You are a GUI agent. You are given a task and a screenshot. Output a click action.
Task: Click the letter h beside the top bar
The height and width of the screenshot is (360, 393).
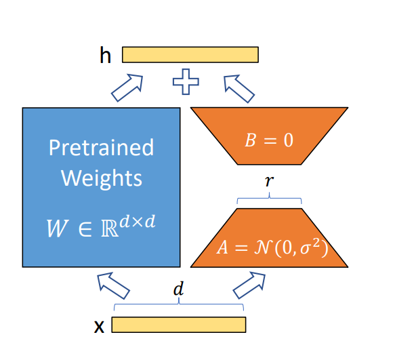pos(105,55)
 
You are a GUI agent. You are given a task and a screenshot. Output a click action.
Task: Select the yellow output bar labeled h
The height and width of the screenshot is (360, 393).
pos(190,54)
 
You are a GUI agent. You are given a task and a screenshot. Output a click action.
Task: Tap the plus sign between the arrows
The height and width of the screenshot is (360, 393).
pos(186,82)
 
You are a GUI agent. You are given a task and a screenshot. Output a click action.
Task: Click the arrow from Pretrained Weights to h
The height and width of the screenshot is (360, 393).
pos(127,87)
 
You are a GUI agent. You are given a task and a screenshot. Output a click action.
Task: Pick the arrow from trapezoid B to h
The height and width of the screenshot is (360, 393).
pos(239,89)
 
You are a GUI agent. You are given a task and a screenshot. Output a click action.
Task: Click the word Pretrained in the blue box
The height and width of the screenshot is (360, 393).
pos(101,147)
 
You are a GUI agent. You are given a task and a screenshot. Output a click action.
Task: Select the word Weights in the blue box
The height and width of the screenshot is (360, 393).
pos(102,178)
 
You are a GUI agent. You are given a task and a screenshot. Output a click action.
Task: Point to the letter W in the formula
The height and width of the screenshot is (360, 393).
pos(57,228)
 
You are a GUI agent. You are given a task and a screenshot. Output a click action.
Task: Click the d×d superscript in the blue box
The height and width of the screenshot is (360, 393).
pos(138,222)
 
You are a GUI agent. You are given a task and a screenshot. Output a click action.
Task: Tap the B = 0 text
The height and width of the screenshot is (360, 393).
pos(269,140)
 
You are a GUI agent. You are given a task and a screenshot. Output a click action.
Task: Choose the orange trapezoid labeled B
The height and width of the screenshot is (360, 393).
pos(269,136)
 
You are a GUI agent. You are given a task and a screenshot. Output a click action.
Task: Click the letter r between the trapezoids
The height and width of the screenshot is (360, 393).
pos(269,180)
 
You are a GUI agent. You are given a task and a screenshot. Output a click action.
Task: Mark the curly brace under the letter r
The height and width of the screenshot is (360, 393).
pos(269,198)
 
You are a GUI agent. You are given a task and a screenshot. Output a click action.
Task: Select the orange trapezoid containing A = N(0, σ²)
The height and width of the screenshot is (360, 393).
pos(269,238)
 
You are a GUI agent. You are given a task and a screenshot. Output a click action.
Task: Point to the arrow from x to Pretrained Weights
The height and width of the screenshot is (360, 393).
pos(113,285)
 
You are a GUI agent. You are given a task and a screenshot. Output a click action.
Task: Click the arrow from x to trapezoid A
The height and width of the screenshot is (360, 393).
pos(249,285)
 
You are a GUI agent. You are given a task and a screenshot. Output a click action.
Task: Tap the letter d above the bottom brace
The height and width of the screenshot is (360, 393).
pos(178,288)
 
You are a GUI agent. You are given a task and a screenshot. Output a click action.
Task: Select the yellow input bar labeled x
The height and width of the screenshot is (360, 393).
pos(179,325)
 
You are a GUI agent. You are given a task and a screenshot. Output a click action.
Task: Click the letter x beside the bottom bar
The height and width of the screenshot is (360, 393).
pos(99,326)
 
